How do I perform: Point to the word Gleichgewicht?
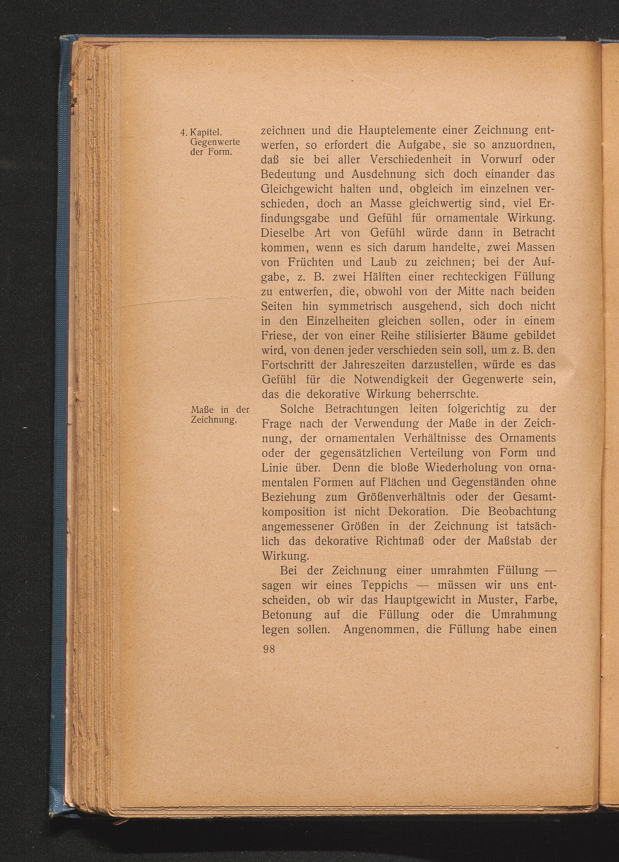click(x=298, y=189)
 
